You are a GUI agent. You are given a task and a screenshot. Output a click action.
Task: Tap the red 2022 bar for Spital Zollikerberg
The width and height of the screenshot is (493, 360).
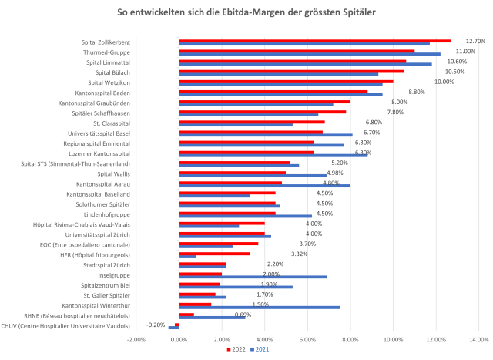[x=314, y=40]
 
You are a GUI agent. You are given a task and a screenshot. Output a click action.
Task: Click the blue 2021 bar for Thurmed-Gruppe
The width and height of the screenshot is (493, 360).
[x=309, y=54]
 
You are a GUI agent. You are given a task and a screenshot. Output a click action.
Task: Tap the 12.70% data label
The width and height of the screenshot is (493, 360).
[x=475, y=41]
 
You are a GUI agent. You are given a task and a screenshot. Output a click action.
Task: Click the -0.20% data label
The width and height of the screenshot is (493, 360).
[x=156, y=325]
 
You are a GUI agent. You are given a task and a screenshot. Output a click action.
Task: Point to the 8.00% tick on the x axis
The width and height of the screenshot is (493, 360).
[x=350, y=338]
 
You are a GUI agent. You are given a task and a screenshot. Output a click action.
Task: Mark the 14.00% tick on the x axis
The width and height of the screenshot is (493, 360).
[x=478, y=338]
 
